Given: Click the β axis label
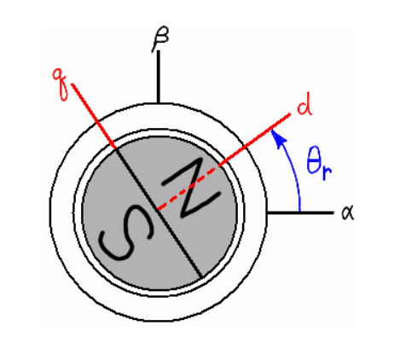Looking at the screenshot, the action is point(160,39).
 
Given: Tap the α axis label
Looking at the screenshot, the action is point(348,212).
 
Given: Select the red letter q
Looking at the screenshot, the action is point(61,84).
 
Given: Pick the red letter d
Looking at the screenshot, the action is point(304,104).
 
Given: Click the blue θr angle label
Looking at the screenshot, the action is point(319,164).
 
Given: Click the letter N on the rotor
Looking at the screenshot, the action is point(191,188).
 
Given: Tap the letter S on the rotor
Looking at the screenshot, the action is point(125,232).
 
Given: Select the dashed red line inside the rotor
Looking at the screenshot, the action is point(188,188).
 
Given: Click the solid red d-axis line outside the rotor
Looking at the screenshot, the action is point(255,139).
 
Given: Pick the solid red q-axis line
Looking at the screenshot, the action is point(94,116).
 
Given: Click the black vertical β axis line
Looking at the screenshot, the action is point(159,77).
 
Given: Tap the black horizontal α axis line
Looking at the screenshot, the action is point(300,212).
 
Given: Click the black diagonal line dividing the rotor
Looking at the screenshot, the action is point(159,212).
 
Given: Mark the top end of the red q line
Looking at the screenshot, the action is point(72,84).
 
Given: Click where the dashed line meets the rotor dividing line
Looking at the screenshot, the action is point(157,210).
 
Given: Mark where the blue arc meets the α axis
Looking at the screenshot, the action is point(299,212).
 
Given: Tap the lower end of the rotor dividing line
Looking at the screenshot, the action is point(202,276).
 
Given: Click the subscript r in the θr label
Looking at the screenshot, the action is point(327,171).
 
